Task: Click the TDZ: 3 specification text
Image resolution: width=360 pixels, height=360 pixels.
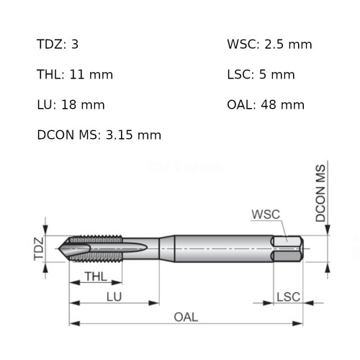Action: pos(58,44)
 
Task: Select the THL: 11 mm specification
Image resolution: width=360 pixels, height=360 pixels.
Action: pos(74,74)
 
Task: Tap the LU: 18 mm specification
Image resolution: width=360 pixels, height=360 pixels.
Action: pos(71,104)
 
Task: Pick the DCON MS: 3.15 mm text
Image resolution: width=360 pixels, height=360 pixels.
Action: pos(99,135)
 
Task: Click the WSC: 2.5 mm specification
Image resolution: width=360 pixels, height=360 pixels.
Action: pos(269,44)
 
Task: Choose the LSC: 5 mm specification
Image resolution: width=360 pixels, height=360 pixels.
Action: pos(261,74)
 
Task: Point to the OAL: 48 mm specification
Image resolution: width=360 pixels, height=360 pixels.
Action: pos(265,104)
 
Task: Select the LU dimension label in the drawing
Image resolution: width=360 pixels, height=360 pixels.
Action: pos(114,296)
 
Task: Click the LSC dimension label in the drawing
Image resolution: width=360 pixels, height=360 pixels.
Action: pos(288,296)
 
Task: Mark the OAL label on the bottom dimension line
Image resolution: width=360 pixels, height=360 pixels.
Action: pos(186,317)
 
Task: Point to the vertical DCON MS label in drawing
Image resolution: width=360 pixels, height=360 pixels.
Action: pos(321,192)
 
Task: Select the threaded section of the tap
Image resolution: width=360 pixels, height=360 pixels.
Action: pos(97,248)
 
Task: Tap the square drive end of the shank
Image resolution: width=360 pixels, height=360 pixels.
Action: pos(288,248)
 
